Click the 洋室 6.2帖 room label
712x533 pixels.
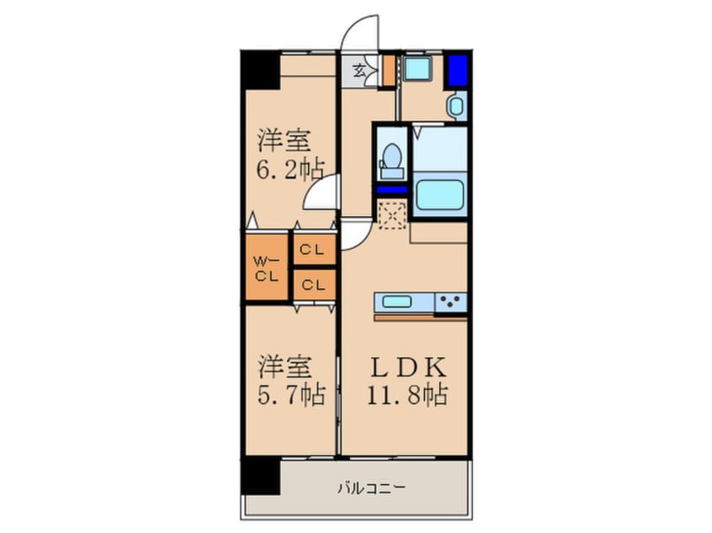[290, 154]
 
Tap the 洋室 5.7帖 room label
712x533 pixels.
[290, 380]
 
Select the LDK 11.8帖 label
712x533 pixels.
[406, 380]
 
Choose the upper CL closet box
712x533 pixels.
[314, 250]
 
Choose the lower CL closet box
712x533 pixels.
[314, 284]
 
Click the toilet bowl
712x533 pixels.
[391, 158]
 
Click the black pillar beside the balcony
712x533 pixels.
[260, 477]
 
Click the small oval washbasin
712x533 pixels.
[455, 107]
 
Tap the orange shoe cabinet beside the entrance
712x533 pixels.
[387, 71]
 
